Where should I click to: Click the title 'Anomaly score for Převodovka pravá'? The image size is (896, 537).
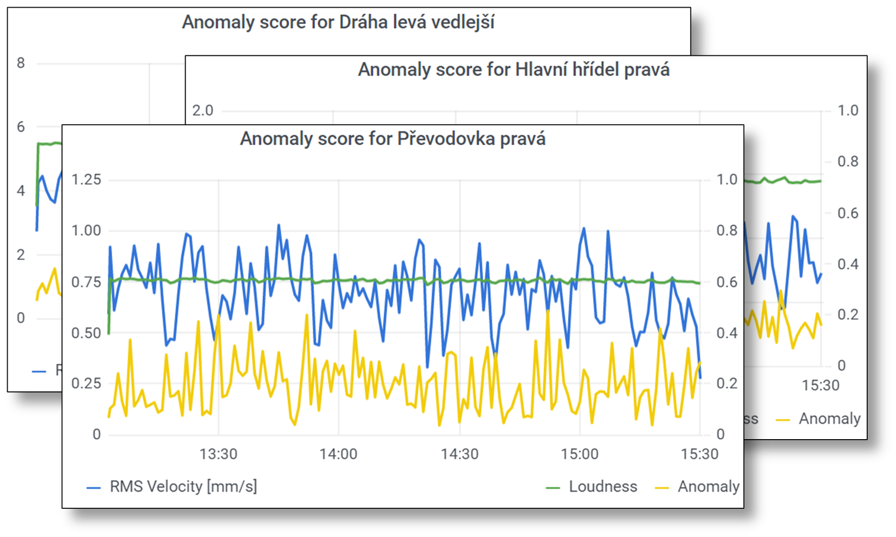point(392,139)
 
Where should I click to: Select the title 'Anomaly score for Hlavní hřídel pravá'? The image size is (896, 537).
point(514,70)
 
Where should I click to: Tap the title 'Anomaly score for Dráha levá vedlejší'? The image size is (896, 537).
point(338,22)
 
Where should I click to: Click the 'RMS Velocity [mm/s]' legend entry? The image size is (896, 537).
point(183,486)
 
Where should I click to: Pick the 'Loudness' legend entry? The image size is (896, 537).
point(603,486)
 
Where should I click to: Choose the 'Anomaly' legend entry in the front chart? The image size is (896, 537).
point(708,486)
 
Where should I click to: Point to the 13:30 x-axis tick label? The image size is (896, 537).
point(218,453)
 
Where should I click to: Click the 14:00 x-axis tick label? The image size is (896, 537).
point(338,453)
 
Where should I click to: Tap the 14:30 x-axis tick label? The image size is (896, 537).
point(459,453)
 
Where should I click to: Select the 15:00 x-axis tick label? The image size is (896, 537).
point(580,453)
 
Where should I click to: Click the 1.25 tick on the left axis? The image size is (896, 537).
point(86,180)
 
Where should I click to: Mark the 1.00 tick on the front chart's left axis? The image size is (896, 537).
point(86,231)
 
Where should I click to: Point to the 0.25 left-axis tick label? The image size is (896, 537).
point(86,384)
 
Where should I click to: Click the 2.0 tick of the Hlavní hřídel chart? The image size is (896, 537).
point(203,111)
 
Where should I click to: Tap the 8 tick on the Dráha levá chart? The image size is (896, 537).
point(21,63)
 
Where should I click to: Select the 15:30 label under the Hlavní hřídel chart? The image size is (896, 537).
point(820,385)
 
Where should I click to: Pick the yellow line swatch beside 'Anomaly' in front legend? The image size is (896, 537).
point(662,487)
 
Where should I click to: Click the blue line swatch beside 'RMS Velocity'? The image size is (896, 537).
point(94,487)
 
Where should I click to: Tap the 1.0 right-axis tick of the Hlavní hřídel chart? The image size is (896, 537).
point(848,111)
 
